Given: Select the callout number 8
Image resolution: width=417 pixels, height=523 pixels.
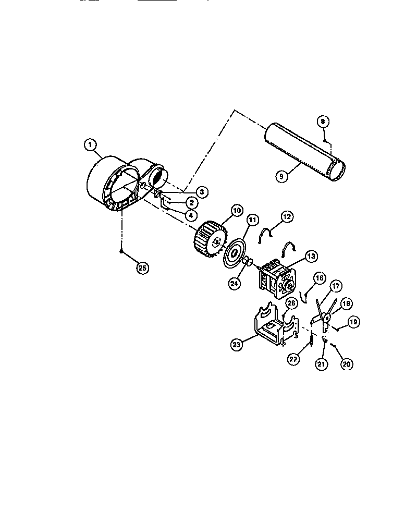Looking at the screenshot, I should [323, 121].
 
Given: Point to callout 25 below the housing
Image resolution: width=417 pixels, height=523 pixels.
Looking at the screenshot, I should [142, 268].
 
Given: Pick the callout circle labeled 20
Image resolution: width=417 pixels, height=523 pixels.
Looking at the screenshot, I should [345, 364].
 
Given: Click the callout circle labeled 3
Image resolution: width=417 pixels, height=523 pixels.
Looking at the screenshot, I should [202, 192].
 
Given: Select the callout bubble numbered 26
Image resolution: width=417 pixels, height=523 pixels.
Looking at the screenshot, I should [291, 302].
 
